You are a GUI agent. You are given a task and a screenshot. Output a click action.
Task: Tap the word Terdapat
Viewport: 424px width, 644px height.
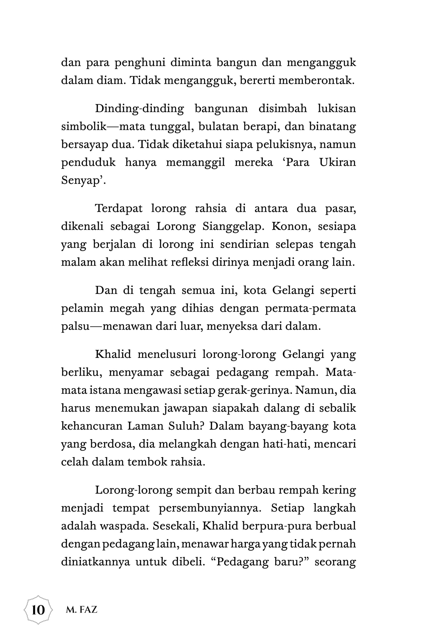(x=119, y=209)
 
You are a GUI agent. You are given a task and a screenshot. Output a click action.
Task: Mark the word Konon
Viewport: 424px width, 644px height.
(x=290, y=226)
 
